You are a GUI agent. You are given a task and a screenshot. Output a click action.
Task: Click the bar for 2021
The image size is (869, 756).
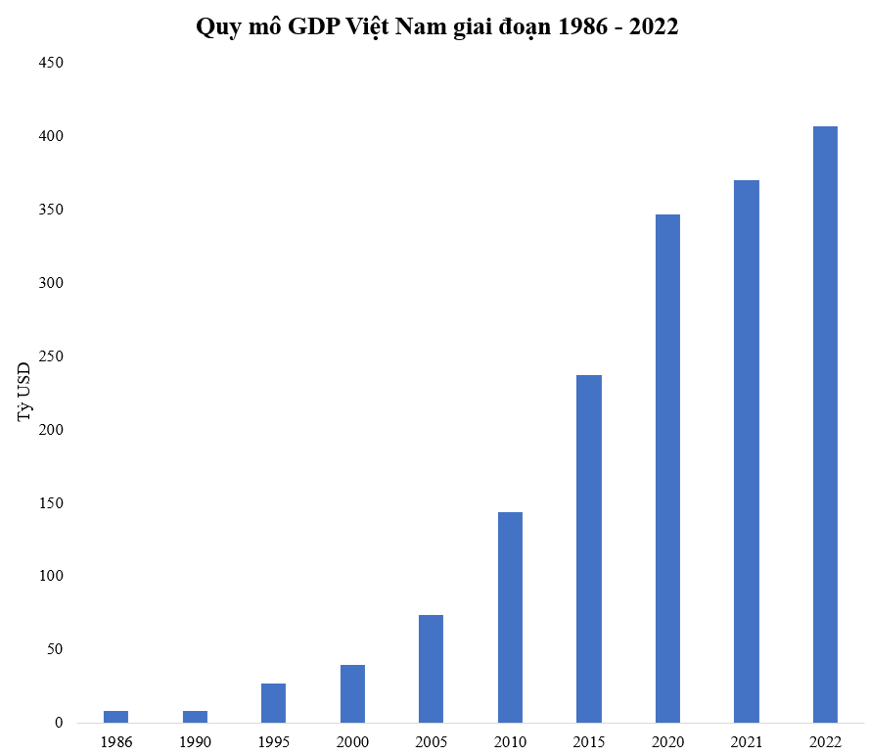click(x=747, y=451)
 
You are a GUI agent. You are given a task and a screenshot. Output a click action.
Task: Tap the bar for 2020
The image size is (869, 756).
click(x=667, y=468)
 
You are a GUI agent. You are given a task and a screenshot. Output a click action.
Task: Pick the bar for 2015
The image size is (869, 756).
click(x=589, y=548)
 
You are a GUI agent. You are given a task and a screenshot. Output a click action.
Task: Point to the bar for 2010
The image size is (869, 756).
click(x=510, y=617)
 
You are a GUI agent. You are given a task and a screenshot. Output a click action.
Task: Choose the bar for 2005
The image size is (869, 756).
click(x=431, y=669)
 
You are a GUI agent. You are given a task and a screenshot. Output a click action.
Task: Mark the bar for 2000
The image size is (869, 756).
click(x=352, y=693)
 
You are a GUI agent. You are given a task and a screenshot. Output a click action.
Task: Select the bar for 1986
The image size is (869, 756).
click(x=115, y=717)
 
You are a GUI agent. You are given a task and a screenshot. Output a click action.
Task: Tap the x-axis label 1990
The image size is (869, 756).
click(x=195, y=741)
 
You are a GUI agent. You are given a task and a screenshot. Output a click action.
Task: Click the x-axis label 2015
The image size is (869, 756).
click(x=589, y=741)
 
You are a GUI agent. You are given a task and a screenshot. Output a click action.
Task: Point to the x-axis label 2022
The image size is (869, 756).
click(x=825, y=741)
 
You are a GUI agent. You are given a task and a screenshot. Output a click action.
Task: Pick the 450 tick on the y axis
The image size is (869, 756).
click(x=51, y=63)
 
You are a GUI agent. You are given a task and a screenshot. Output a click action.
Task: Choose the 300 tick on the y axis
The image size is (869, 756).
click(x=51, y=283)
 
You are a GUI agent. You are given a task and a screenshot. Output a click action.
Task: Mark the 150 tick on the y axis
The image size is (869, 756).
click(x=51, y=503)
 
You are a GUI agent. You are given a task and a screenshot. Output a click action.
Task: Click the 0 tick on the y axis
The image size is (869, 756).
click(x=59, y=723)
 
